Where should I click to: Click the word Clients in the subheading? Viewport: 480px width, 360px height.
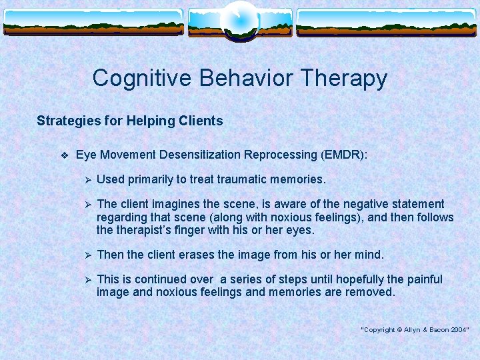pos(201,121)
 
